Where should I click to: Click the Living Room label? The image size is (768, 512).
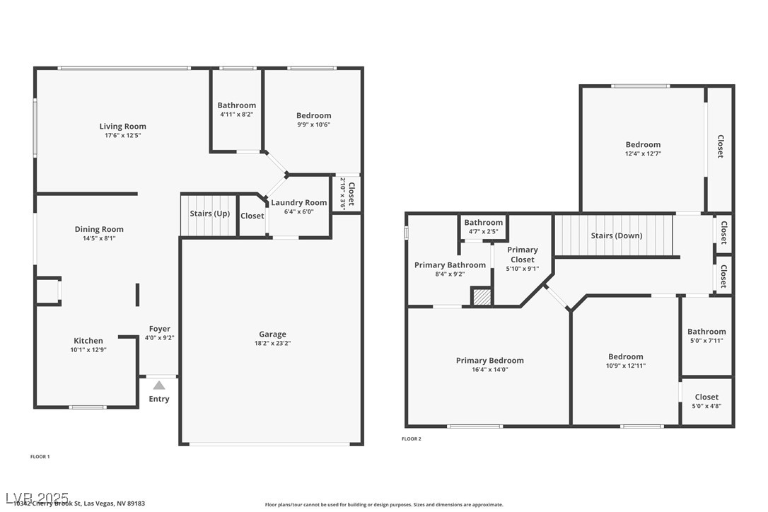pos(122,127)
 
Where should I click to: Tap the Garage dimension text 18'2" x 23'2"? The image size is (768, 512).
pos(272,344)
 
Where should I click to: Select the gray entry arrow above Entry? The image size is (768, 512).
pos(159,385)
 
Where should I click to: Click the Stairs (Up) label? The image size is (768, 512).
pos(209,214)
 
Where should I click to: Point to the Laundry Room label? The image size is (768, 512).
pos(299,203)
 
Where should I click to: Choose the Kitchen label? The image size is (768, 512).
pos(88,341)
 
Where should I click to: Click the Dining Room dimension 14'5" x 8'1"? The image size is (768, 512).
pos(99,238)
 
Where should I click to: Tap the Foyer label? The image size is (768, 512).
pos(159,329)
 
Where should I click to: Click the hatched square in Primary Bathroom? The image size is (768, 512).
pos(482,296)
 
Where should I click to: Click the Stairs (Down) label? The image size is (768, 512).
pos(616,235)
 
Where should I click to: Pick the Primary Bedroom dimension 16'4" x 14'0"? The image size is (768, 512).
pos(489,370)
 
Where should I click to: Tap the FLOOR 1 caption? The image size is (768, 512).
pos(40,457)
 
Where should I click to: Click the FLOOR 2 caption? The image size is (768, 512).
pos(411,439)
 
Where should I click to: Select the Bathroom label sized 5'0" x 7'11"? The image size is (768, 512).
pos(706,332)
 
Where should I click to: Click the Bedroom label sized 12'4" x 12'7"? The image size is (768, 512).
pos(643,145)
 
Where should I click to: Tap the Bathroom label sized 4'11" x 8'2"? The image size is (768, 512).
pos(236,105)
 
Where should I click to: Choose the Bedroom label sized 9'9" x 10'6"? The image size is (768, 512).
pos(313,116)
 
